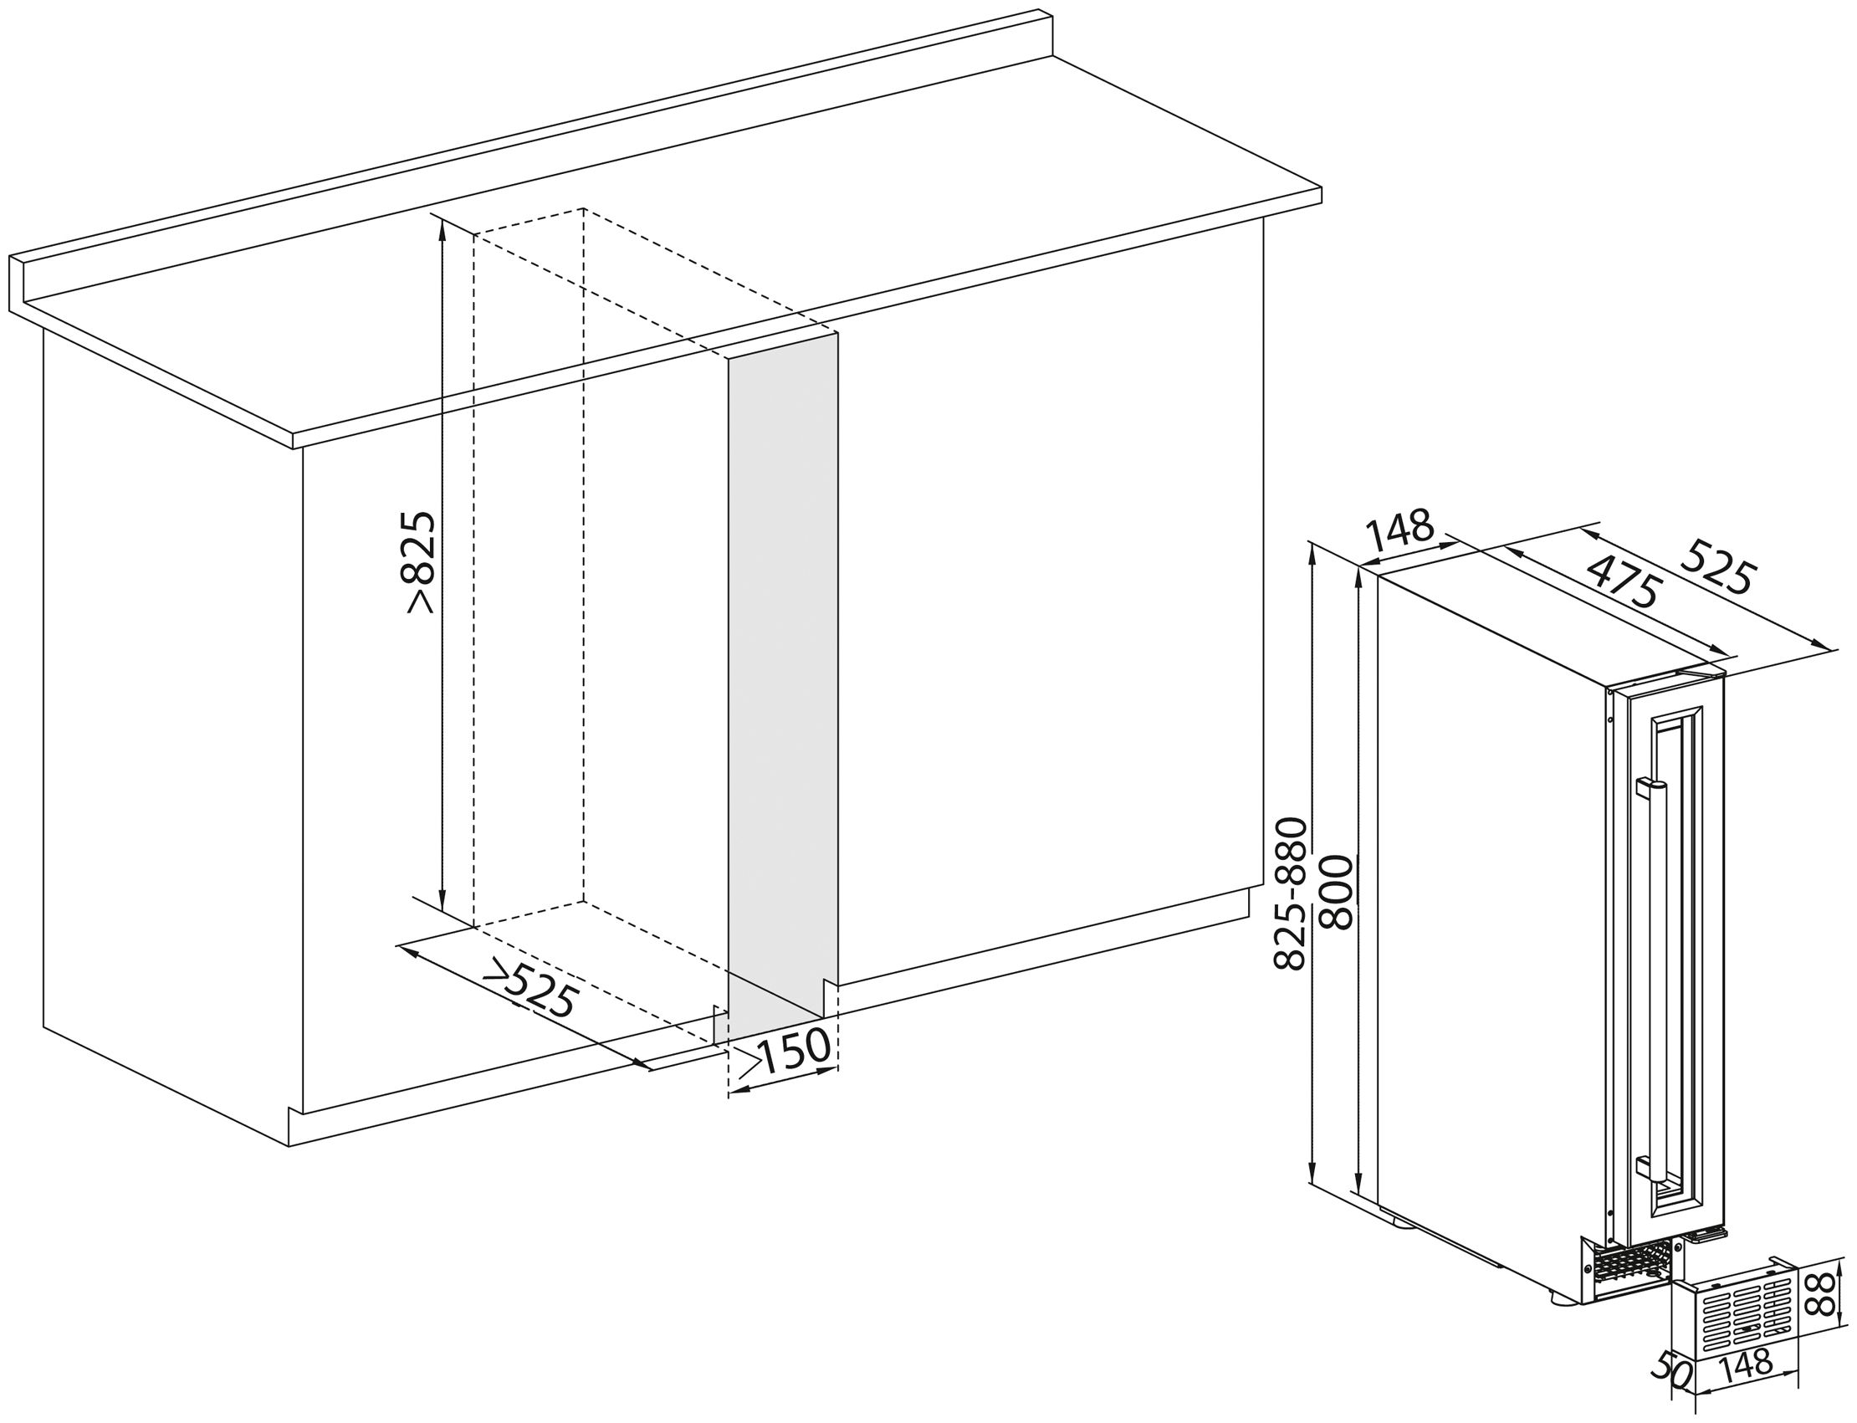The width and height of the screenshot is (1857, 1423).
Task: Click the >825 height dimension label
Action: (x=421, y=560)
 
